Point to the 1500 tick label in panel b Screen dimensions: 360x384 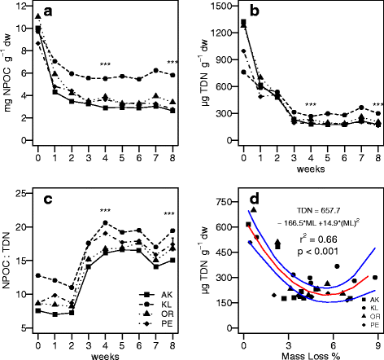coord(217,7)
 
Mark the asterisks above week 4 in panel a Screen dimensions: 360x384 coord(105,65)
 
